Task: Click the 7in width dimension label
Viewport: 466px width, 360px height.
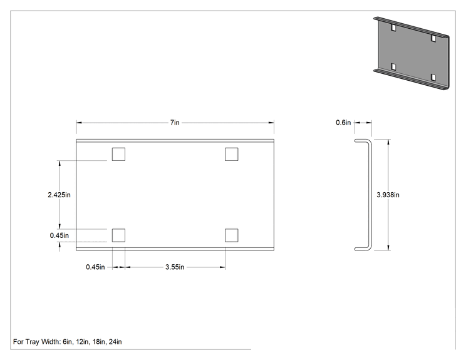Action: coord(175,122)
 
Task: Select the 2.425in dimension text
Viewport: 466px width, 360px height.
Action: coord(59,195)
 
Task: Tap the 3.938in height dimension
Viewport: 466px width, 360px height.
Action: coord(388,195)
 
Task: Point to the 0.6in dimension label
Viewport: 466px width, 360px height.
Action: coord(343,122)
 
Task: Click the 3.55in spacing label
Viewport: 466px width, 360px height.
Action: coord(175,267)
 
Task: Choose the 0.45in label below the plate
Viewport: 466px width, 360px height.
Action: coord(95,267)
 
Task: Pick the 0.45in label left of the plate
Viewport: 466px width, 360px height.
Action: coord(59,235)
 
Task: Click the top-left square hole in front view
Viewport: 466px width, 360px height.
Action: coord(118,154)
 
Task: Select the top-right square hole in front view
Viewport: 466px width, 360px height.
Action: coord(232,154)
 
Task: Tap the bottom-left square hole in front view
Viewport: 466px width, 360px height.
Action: coord(118,235)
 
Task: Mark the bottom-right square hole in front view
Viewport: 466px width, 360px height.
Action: coord(232,235)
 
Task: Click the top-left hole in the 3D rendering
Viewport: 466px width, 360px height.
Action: coord(393,28)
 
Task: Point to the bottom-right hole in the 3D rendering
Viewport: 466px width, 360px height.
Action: coord(433,78)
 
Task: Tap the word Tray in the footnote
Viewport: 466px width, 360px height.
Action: coord(33,342)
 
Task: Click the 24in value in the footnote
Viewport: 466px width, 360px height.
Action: coord(115,342)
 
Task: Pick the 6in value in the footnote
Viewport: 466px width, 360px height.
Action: coord(68,342)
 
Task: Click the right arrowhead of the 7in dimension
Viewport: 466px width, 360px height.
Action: coord(271,122)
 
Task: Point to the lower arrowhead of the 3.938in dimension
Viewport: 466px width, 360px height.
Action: coord(388,248)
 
